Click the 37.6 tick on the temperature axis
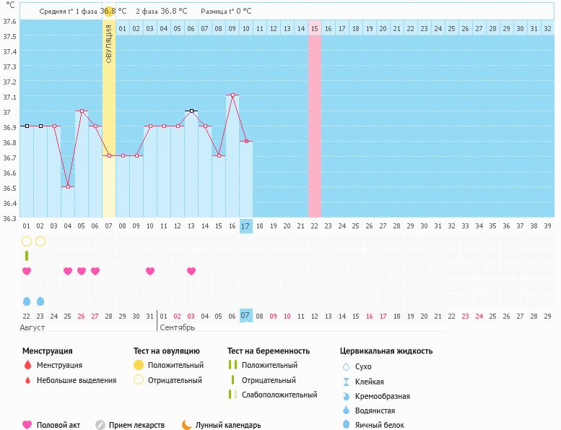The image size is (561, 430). click(x=9, y=21)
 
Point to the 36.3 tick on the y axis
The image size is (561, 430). click(x=9, y=218)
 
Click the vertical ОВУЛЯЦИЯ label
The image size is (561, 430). click(x=109, y=43)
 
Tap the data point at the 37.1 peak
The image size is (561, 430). click(x=232, y=95)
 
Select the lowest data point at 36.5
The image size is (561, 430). click(x=68, y=186)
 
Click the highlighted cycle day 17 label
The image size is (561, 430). click(x=246, y=226)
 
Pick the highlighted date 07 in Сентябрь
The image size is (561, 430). click(x=246, y=316)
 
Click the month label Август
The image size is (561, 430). click(x=32, y=328)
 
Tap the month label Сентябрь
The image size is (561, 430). click(x=177, y=328)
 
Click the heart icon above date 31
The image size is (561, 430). click(x=150, y=271)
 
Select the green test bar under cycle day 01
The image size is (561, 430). click(x=27, y=256)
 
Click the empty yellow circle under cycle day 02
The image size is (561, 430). click(x=40, y=241)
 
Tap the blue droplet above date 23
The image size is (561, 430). click(x=40, y=301)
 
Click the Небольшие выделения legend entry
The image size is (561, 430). click(x=76, y=380)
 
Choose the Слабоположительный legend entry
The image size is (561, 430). click(x=279, y=395)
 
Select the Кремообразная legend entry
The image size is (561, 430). click(x=383, y=396)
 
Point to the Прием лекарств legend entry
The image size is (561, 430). click(x=136, y=425)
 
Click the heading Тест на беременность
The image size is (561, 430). click(x=269, y=351)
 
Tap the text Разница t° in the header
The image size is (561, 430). click(x=217, y=12)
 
